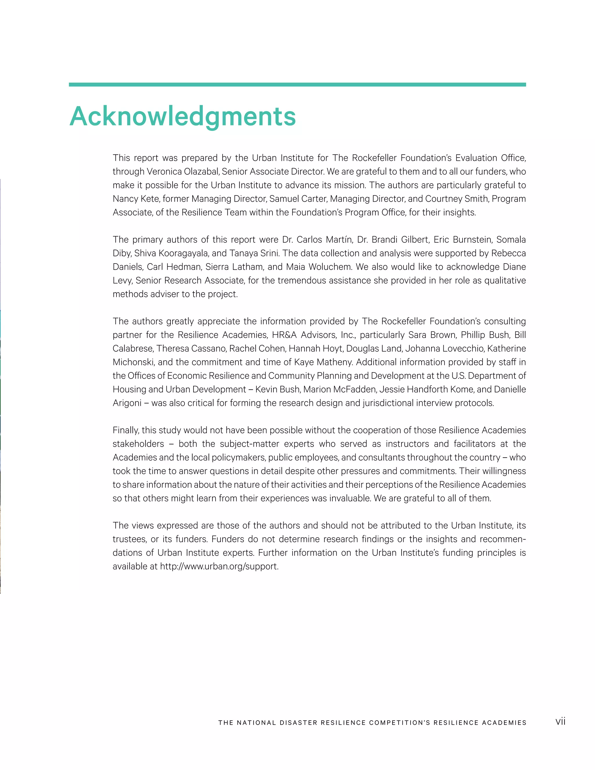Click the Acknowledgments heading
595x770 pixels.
tap(182, 117)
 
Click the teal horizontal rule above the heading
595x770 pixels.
tap(297, 85)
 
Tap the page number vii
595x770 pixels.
tap(560, 721)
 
